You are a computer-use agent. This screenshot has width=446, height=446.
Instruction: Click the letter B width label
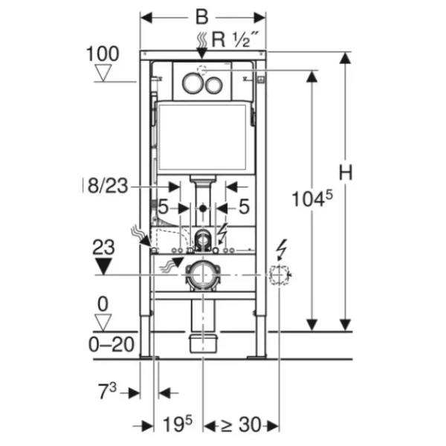[x=202, y=17]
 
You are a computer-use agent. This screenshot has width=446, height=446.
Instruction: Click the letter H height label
[x=346, y=172]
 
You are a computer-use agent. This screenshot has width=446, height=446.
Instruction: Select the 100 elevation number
[x=103, y=54]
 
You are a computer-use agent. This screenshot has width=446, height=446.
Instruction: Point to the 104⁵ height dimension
[x=312, y=198]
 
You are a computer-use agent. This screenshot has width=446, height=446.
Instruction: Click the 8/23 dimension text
[x=108, y=186]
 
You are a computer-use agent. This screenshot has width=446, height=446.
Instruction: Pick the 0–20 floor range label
[x=111, y=344]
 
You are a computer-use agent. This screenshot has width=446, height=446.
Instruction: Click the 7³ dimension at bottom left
[x=107, y=391]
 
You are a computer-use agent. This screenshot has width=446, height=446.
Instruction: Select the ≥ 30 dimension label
[x=241, y=424]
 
